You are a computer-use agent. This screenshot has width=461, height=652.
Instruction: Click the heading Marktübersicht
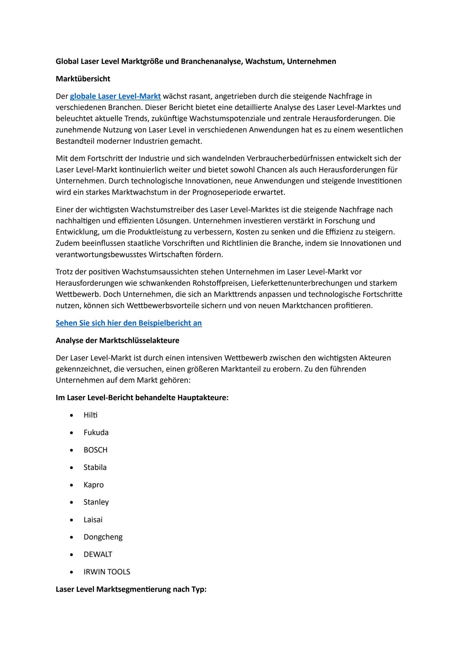coord(83,79)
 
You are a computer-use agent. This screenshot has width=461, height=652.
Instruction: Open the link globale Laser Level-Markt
coord(115,96)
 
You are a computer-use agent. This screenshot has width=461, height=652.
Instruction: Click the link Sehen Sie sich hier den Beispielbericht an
coord(129,323)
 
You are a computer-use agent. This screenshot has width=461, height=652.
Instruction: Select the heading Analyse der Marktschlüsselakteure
coord(117,340)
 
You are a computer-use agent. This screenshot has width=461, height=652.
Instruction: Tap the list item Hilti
coord(90,415)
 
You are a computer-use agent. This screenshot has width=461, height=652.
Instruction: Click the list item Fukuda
coord(96,432)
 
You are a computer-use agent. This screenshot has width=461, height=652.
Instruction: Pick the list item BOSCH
coord(95,450)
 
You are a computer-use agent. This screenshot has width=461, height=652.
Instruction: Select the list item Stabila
coord(95,467)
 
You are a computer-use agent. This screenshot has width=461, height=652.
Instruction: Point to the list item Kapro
coord(94,485)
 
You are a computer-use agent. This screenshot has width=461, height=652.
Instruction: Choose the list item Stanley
coord(96,502)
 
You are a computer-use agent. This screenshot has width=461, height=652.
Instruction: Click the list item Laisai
coord(93,520)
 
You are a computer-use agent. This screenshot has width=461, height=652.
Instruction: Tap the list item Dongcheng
coord(103,537)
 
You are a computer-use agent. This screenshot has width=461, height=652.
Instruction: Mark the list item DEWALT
coord(98,554)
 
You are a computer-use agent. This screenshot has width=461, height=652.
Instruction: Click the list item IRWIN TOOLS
coord(107,572)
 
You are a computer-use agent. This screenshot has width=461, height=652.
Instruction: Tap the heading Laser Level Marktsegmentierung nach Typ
coord(131,589)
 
